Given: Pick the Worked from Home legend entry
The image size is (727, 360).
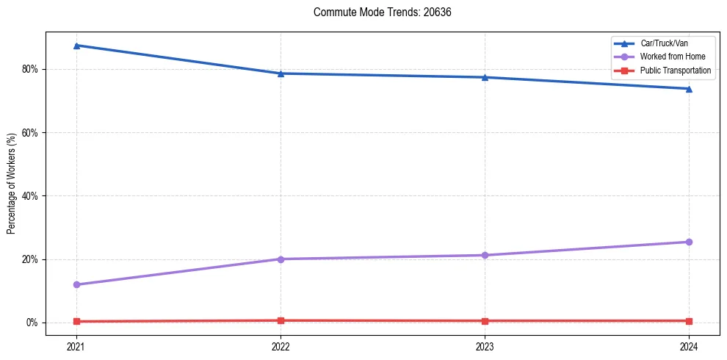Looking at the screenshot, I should (673, 57).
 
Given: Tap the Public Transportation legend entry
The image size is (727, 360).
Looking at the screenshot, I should (676, 71).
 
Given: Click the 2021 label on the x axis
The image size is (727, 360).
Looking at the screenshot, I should (76, 346).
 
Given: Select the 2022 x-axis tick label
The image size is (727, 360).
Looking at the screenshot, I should (281, 346).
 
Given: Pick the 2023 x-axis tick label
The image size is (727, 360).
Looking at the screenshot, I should (485, 346).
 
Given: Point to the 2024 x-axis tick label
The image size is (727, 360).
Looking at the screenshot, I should (689, 346).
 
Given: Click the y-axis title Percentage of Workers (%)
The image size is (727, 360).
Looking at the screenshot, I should (12, 184).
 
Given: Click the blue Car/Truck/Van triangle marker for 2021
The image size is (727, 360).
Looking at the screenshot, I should (76, 46).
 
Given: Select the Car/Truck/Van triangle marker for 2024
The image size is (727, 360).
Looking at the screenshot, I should (689, 89).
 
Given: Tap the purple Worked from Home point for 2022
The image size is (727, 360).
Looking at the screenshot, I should (281, 259).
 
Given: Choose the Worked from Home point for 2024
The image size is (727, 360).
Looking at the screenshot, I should (689, 242).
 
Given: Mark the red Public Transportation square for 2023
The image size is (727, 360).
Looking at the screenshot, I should (485, 321).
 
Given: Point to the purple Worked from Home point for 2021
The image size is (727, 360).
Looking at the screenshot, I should (76, 284).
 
